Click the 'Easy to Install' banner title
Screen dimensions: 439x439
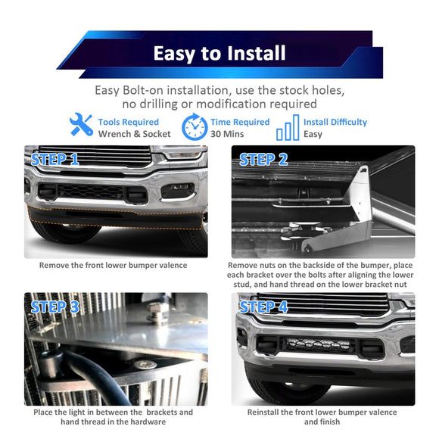219,53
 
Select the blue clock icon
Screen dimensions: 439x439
195,127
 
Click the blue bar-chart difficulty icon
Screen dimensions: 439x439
288,127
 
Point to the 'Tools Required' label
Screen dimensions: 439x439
129,122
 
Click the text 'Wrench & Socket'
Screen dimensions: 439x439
134,134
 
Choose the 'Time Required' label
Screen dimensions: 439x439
241,122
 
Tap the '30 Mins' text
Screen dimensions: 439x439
228,134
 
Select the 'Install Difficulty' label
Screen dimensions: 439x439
335,122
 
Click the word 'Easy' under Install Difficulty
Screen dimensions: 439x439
313,134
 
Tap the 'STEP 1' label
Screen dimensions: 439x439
54,160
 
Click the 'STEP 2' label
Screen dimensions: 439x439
264,160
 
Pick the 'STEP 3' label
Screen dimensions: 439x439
54,307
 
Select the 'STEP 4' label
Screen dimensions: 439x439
264,307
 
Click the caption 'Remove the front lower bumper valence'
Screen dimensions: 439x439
113,266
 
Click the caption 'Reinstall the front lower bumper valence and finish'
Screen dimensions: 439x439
322,417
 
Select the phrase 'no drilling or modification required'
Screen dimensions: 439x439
219,104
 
